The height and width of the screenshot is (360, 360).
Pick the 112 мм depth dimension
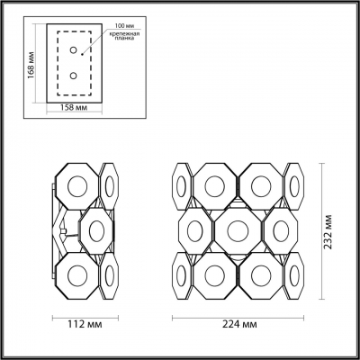click(86, 322)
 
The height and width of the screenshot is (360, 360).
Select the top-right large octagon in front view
click(262, 184)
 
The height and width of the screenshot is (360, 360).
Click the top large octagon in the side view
click(78, 184)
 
